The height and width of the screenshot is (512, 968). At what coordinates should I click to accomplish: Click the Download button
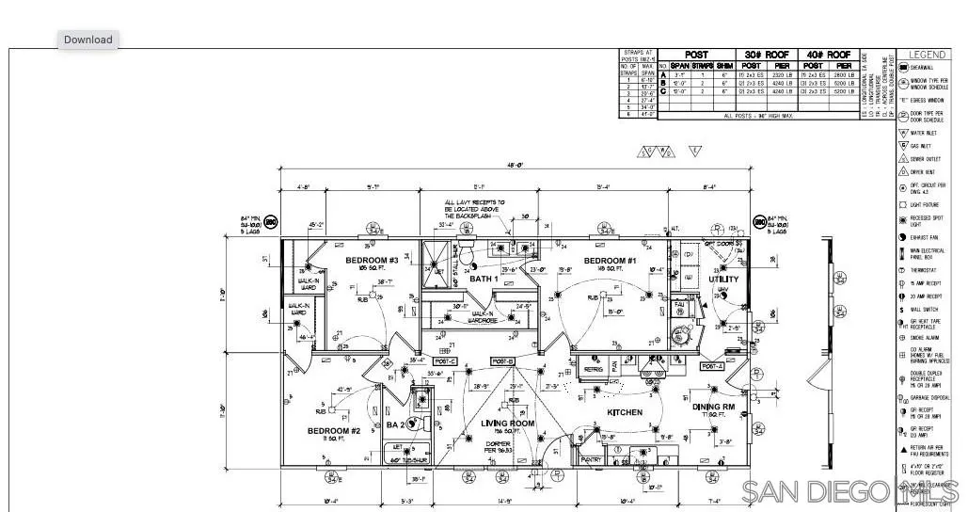pos(88,40)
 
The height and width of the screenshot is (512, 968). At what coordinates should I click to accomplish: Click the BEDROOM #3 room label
pos(372,261)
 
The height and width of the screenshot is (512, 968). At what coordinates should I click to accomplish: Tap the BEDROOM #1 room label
pos(611,261)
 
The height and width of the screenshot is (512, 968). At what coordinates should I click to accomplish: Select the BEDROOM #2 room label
pos(333,431)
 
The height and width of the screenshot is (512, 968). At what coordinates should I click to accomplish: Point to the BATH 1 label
pos(484,279)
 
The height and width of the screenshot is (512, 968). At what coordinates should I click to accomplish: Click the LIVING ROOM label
pos(507,424)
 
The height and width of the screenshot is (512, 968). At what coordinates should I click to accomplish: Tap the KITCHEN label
pos(625,412)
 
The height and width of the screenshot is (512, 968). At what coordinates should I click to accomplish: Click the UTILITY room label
pos(723,279)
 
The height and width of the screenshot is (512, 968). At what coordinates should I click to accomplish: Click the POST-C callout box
pos(445,361)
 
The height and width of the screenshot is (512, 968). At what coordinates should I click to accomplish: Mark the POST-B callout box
pos(503,361)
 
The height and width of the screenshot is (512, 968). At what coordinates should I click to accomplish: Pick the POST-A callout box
pos(711,365)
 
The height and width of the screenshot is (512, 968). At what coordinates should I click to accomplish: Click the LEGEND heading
pos(927,55)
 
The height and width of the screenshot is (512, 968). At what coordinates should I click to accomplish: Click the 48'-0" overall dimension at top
pos(515,166)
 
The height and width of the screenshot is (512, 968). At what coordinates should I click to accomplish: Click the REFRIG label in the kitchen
pos(593,370)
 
